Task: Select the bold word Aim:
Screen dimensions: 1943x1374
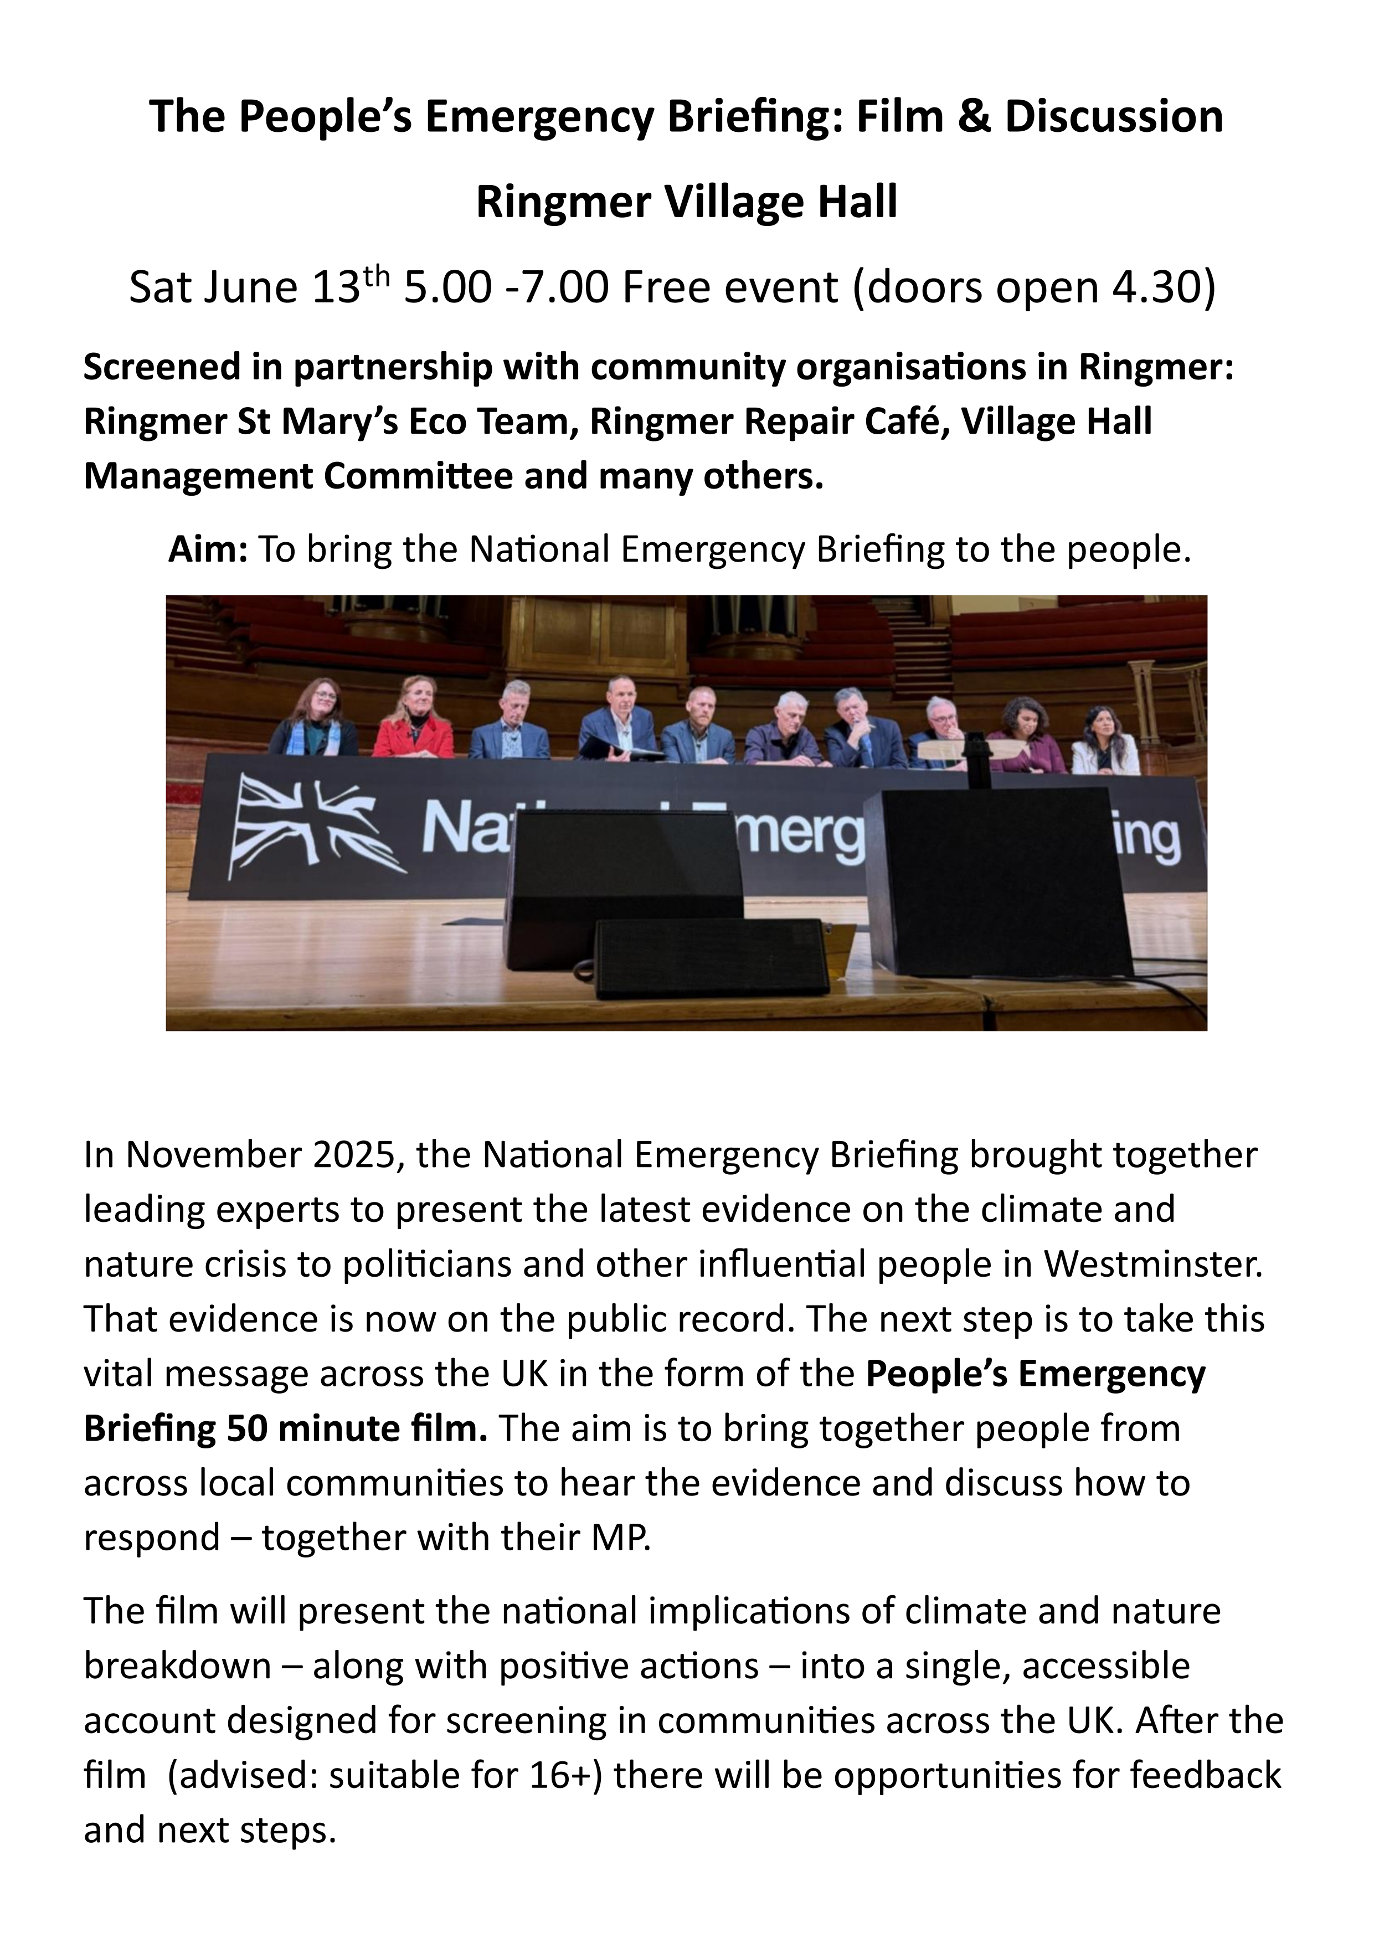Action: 207,550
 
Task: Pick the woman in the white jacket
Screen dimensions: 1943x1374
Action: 1107,742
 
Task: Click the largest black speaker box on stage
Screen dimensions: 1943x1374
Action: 999,880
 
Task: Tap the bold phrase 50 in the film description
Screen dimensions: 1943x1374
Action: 247,1428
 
